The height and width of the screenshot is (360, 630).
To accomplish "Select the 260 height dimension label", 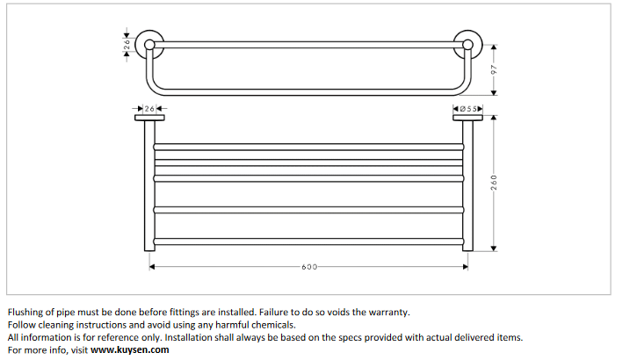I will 494,183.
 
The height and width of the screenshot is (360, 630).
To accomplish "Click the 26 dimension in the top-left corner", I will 127,41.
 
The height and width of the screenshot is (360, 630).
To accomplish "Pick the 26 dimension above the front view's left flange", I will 148,108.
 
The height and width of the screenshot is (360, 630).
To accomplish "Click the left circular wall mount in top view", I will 148,41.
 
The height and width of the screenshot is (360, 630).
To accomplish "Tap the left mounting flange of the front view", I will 148,117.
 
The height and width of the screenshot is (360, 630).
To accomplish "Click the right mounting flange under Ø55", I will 468,117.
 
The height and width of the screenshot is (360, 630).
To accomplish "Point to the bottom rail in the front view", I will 308,241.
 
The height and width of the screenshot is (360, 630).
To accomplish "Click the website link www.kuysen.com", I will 129,349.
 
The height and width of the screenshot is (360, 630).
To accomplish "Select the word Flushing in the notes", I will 25,312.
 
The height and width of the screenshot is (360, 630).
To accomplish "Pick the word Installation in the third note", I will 192,337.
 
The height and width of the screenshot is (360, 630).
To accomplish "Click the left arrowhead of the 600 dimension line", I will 154,266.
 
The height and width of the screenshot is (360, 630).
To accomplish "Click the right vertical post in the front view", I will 468,184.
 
